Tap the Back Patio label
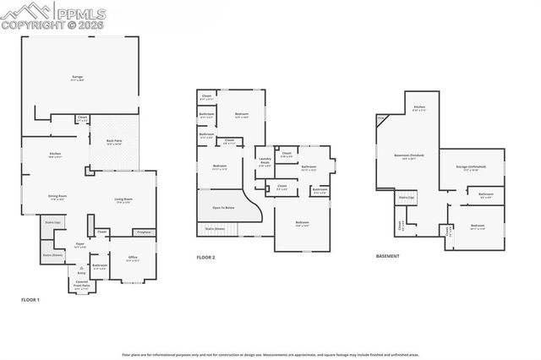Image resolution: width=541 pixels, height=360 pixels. coord(114,142)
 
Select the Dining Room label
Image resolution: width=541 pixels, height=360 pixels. coord(57,198)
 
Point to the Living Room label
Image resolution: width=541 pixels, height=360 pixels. coord(123,199)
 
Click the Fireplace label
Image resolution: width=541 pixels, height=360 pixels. coord(143,231)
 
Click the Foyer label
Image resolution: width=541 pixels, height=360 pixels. coord(80,245)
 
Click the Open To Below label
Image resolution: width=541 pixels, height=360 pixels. coord(223,207)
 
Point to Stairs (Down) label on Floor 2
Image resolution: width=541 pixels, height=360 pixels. coord(215,227)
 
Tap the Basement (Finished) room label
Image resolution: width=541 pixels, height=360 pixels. coord(409,155)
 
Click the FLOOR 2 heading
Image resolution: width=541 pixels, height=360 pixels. coord(207,257)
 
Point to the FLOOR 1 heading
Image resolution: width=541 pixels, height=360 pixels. coord(30,300)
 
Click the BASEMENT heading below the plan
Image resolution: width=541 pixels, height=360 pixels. coord(388,255)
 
